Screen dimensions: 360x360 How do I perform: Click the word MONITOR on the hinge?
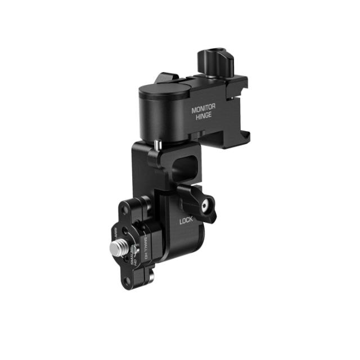click(x=204, y=110)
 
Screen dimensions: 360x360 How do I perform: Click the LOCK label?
click(x=186, y=222)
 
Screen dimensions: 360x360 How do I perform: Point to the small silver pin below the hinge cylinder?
click(x=156, y=145)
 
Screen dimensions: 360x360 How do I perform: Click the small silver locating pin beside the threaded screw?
click(x=133, y=251)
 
